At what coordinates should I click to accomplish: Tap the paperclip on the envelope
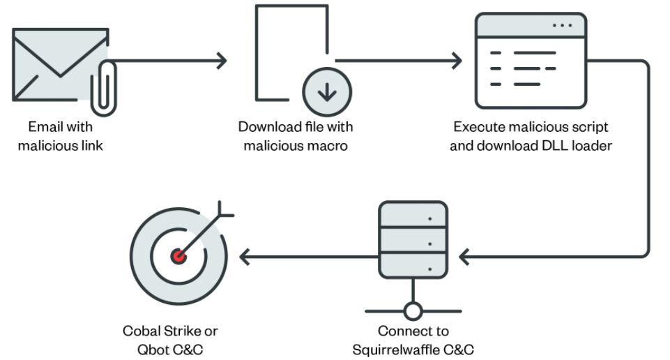coord(102,87)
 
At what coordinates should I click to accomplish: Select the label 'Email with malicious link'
coord(61,137)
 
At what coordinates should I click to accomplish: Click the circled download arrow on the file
coord(326,91)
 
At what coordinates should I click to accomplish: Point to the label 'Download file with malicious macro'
coord(296,137)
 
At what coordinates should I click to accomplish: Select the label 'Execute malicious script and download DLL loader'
coord(531,137)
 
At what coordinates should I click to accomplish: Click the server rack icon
coord(412,238)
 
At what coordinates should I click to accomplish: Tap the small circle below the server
coord(413,310)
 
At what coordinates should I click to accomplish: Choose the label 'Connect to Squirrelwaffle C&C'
coord(413,340)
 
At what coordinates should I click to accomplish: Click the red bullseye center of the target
coord(178,256)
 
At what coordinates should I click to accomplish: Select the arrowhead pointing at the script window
coord(457,61)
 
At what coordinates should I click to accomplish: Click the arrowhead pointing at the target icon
coord(244,257)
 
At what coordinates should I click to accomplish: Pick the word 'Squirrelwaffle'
coord(402,349)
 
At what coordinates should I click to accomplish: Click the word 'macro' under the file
coord(329,146)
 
